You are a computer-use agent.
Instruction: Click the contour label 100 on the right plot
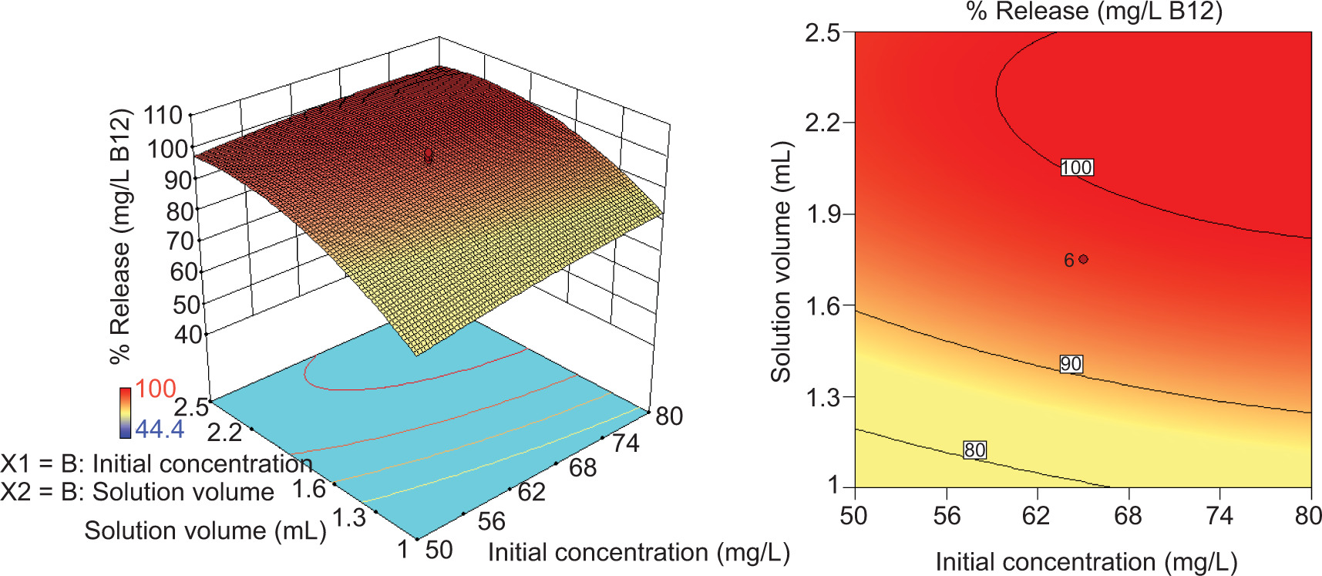coord(1076,167)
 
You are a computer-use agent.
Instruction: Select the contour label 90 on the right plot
coord(1071,364)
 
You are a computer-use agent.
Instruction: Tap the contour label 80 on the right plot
coord(974,450)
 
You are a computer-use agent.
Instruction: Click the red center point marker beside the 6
coord(1084,259)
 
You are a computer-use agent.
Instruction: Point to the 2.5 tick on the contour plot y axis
coord(822,33)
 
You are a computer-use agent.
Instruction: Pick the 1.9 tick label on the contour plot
coord(822,214)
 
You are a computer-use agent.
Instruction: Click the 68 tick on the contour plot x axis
coord(1128,516)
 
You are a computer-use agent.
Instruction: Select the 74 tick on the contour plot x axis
coord(1219,516)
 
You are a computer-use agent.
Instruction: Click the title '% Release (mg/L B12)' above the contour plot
coord(1095,12)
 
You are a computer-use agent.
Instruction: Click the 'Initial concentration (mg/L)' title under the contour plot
coord(1086,562)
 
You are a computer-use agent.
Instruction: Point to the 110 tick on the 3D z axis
coord(163,116)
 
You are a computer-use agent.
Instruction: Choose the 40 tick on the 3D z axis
coord(187,335)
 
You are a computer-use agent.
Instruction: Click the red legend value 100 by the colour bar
coord(156,389)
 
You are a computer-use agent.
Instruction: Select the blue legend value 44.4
coord(160,429)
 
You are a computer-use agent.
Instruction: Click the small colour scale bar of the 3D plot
coord(125,412)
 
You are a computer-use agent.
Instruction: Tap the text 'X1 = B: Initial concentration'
coord(156,463)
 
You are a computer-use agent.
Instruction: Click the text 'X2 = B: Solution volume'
coord(137,492)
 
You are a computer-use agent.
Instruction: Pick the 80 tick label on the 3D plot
coord(669,416)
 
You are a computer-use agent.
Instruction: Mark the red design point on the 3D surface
coord(429,156)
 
